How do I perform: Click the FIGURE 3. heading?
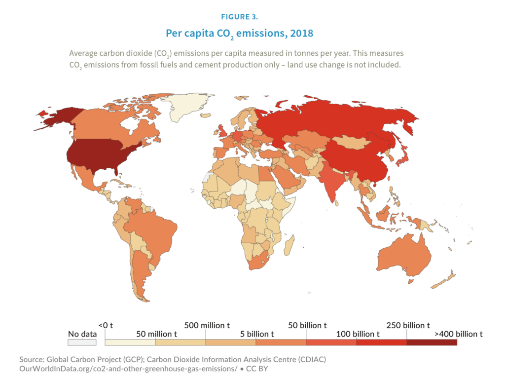[239, 17]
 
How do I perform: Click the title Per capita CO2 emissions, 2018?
[239, 34]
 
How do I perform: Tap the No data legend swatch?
[82, 343]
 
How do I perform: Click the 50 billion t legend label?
[307, 325]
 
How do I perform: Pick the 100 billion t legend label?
[358, 334]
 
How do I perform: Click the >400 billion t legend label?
[456, 334]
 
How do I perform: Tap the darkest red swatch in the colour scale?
[432, 343]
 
